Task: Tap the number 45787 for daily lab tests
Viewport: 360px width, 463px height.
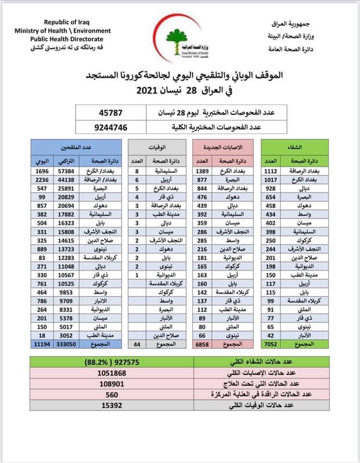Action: [111, 112]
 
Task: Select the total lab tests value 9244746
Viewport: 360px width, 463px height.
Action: [111, 127]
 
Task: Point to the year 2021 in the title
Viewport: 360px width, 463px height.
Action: [151, 90]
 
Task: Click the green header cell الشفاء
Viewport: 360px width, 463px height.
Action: [294, 146]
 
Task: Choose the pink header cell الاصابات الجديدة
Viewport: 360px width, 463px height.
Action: [223, 146]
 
